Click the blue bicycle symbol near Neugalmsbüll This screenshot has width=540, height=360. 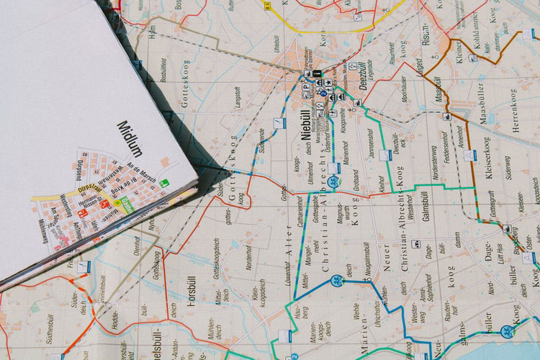pyautogui.click(x=335, y=281)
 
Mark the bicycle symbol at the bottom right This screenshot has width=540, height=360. pyautogui.click(x=507, y=331)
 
